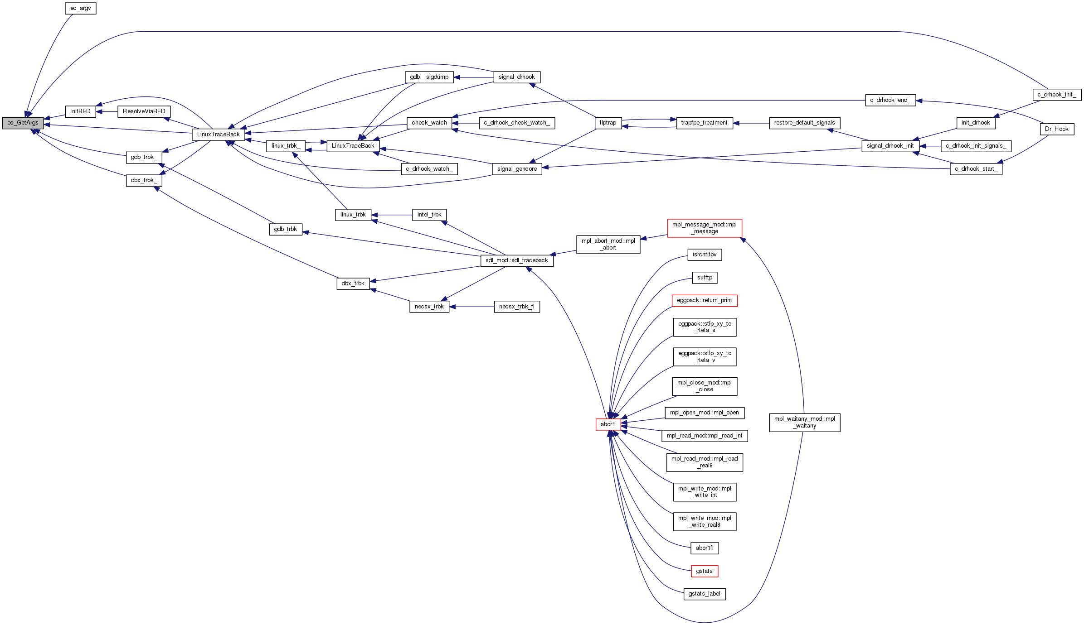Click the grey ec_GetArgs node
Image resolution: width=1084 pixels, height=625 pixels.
pyautogui.click(x=23, y=123)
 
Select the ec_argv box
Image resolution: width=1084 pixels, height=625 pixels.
pyautogui.click(x=81, y=8)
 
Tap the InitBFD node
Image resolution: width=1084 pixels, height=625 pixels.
pyautogui.click(x=81, y=111)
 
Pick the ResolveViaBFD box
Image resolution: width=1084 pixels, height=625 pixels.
pyautogui.click(x=144, y=111)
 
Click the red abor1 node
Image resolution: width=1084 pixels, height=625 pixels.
pyautogui.click(x=608, y=424)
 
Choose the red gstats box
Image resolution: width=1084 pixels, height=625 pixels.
pyautogui.click(x=704, y=571)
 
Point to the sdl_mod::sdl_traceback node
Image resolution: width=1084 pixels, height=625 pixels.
pyautogui.click(x=516, y=260)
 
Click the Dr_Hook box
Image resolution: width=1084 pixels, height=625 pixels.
pyautogui.click(x=1056, y=129)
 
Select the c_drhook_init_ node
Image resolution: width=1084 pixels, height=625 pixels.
pyautogui.click(x=1057, y=95)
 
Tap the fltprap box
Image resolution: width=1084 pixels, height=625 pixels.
pyautogui.click(x=608, y=123)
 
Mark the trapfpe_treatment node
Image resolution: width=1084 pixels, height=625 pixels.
pyautogui.click(x=704, y=123)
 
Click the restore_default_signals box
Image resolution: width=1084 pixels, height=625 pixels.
pyautogui.click(x=804, y=123)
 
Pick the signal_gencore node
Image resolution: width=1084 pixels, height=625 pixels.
pyautogui.click(x=517, y=169)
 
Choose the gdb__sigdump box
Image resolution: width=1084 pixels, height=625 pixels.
pyautogui.click(x=429, y=77)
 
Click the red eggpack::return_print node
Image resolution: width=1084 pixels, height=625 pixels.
pyautogui.click(x=704, y=300)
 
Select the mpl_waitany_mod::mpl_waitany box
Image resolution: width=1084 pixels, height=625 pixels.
pyautogui.click(x=804, y=422)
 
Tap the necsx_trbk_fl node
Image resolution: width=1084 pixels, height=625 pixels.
pyautogui.click(x=516, y=307)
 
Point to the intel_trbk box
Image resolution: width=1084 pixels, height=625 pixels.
pyautogui.click(x=429, y=215)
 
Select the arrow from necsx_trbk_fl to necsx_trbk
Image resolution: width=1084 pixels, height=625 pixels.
pyautogui.click(x=472, y=307)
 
